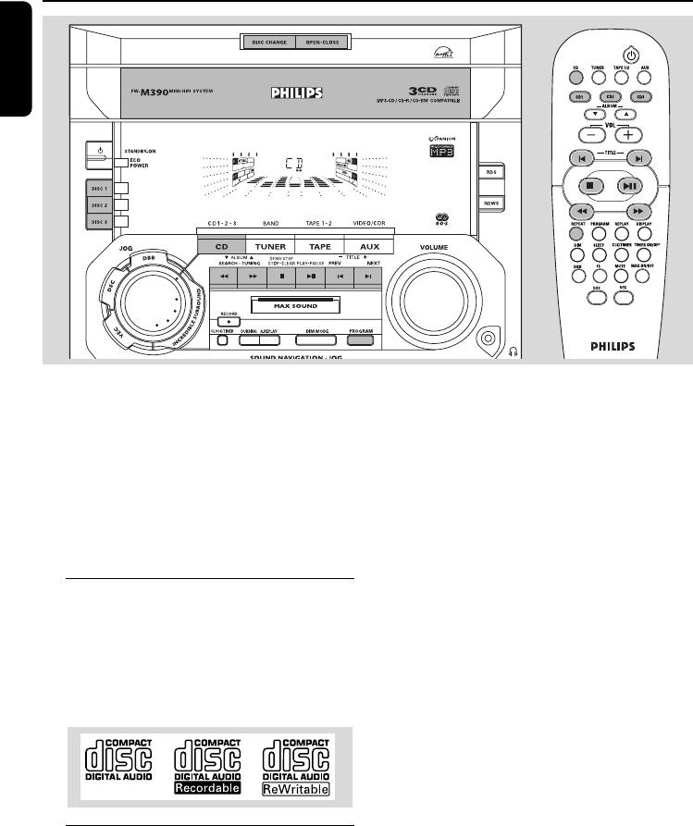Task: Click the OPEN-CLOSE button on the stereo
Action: click(322, 43)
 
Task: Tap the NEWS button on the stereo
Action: click(490, 203)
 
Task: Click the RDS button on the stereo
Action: click(490, 172)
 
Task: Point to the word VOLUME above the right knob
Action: click(435, 247)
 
